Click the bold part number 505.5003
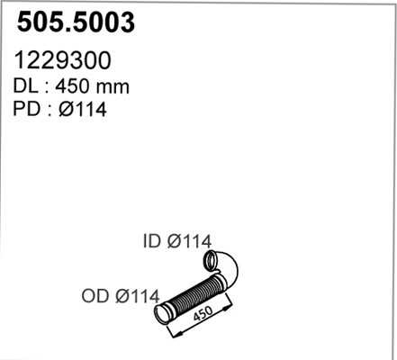click(x=76, y=22)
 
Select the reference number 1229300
click(x=62, y=60)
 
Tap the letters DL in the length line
click(x=26, y=86)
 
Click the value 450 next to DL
click(x=72, y=86)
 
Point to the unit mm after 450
click(x=112, y=88)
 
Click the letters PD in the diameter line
click(x=26, y=109)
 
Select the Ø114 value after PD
click(x=83, y=109)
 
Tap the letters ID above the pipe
click(x=152, y=241)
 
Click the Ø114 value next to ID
click(x=189, y=241)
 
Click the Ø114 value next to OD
click(x=138, y=296)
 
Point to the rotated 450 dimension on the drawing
click(x=203, y=313)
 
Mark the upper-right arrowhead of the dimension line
click(x=228, y=306)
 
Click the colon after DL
click(x=47, y=88)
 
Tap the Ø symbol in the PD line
click(x=66, y=109)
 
